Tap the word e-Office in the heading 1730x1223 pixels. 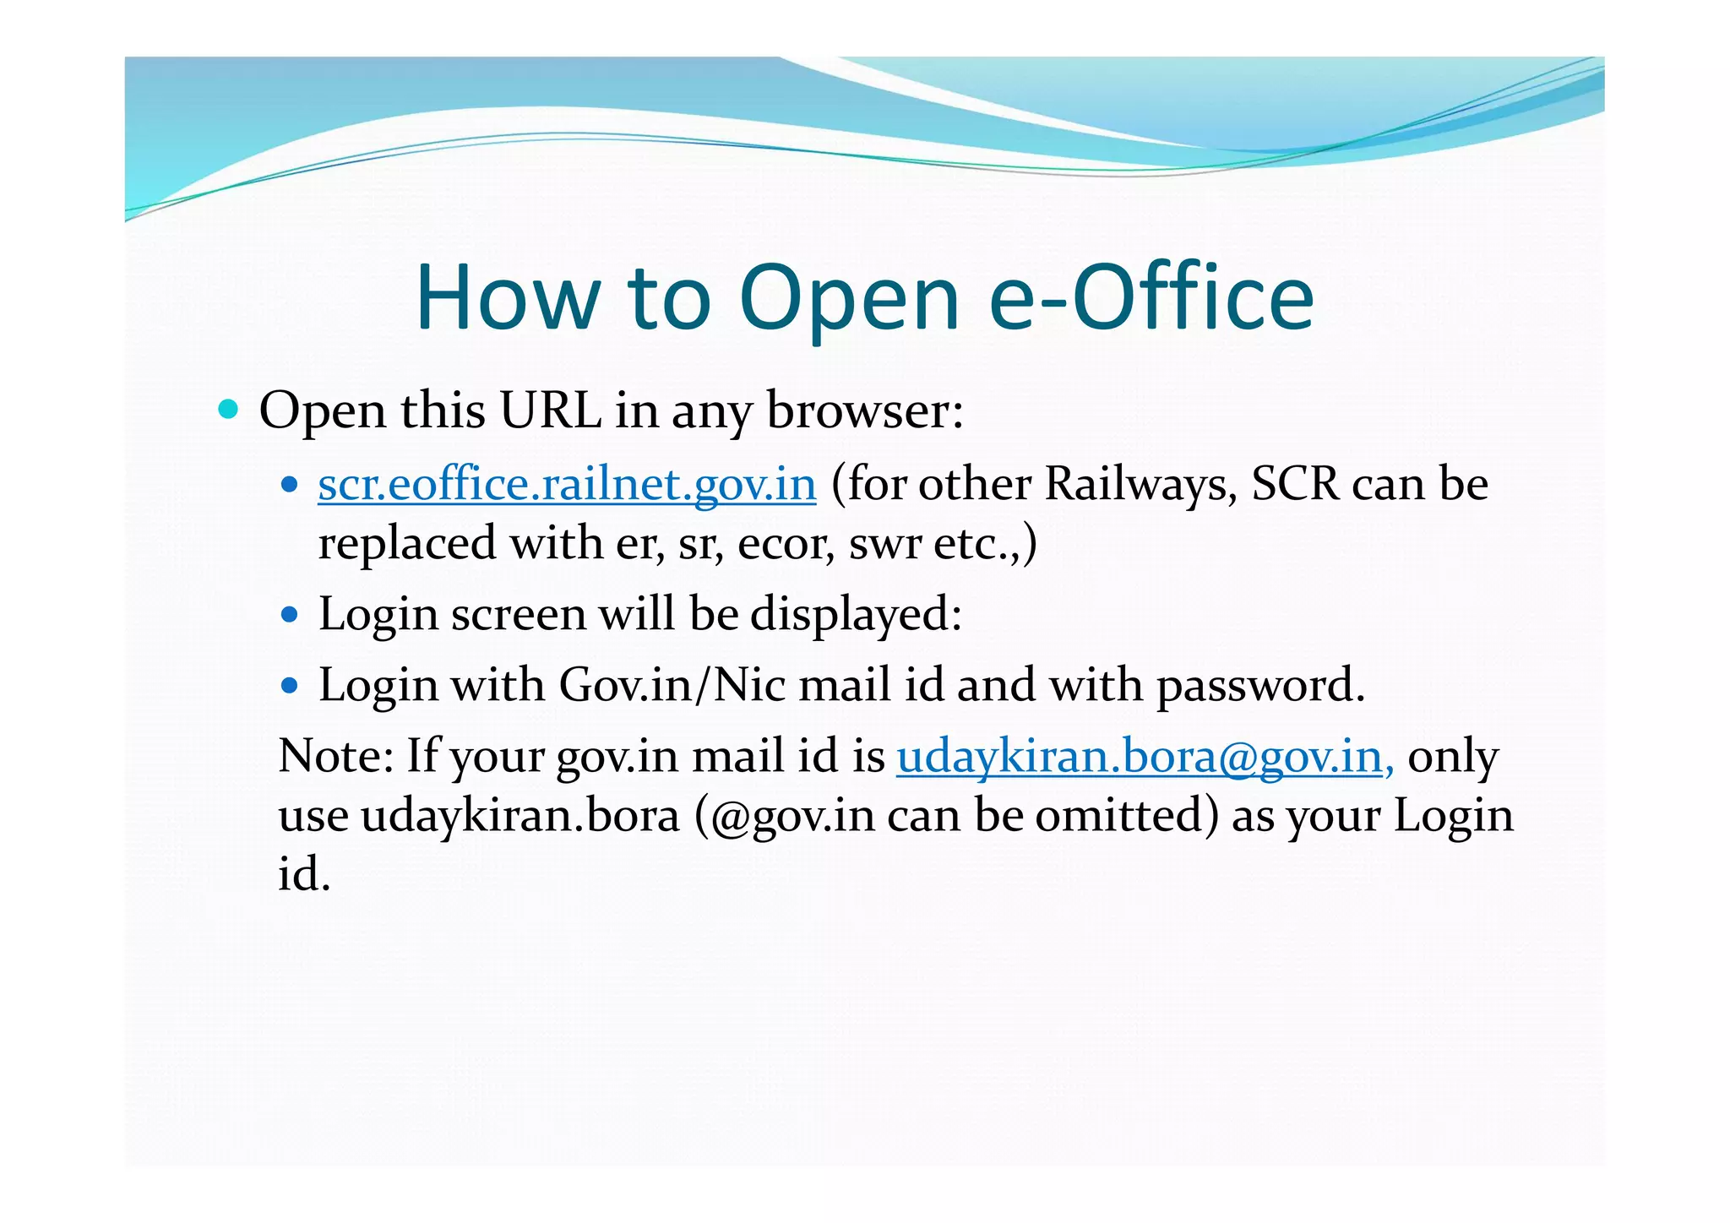tap(1151, 297)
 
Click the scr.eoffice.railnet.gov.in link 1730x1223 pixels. tap(567, 485)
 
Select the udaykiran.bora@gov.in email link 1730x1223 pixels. tap(1145, 756)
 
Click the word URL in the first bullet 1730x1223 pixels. tap(550, 411)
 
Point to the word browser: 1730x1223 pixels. tap(865, 411)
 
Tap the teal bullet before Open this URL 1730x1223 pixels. tap(228, 410)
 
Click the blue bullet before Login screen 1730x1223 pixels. tap(290, 614)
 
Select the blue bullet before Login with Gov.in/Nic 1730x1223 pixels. tap(290, 685)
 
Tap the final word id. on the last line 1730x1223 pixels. tap(303, 874)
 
